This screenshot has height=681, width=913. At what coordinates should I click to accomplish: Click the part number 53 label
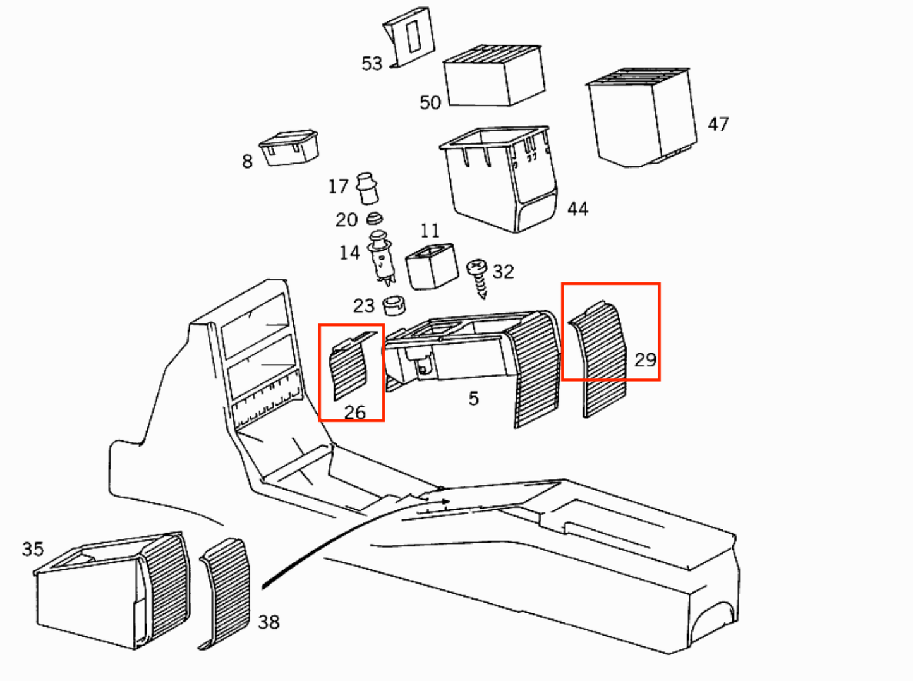pos(372,64)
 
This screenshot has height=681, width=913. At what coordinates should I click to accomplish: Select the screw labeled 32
pos(478,279)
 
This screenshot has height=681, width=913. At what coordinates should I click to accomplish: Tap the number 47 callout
pos(718,124)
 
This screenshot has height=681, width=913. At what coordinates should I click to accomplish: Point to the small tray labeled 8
pos(289,148)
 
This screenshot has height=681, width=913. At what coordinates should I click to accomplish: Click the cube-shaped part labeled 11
pos(432,266)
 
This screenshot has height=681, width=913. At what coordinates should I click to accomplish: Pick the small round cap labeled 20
pos(374,219)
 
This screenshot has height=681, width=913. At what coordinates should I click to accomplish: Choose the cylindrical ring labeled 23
pos(394,306)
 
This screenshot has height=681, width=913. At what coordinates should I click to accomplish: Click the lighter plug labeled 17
pos(367,188)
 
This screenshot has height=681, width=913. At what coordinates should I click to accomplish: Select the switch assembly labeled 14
pos(381,258)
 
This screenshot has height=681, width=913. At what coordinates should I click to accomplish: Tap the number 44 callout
pos(577,208)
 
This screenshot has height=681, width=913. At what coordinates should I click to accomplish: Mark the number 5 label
pos(473,398)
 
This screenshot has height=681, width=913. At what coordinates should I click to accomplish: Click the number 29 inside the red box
pos(645,359)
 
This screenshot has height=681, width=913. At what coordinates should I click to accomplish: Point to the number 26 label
pos(355,413)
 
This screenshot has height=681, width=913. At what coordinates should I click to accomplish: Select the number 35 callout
pos(33,549)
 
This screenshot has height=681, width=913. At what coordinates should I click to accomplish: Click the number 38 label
pos(269,622)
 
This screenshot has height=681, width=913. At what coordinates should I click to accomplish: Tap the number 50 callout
pos(430,103)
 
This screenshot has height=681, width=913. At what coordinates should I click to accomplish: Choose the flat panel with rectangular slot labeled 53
pos(409,37)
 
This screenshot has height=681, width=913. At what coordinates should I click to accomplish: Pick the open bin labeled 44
pos(499,179)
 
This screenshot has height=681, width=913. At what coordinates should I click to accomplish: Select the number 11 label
pos(430,231)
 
